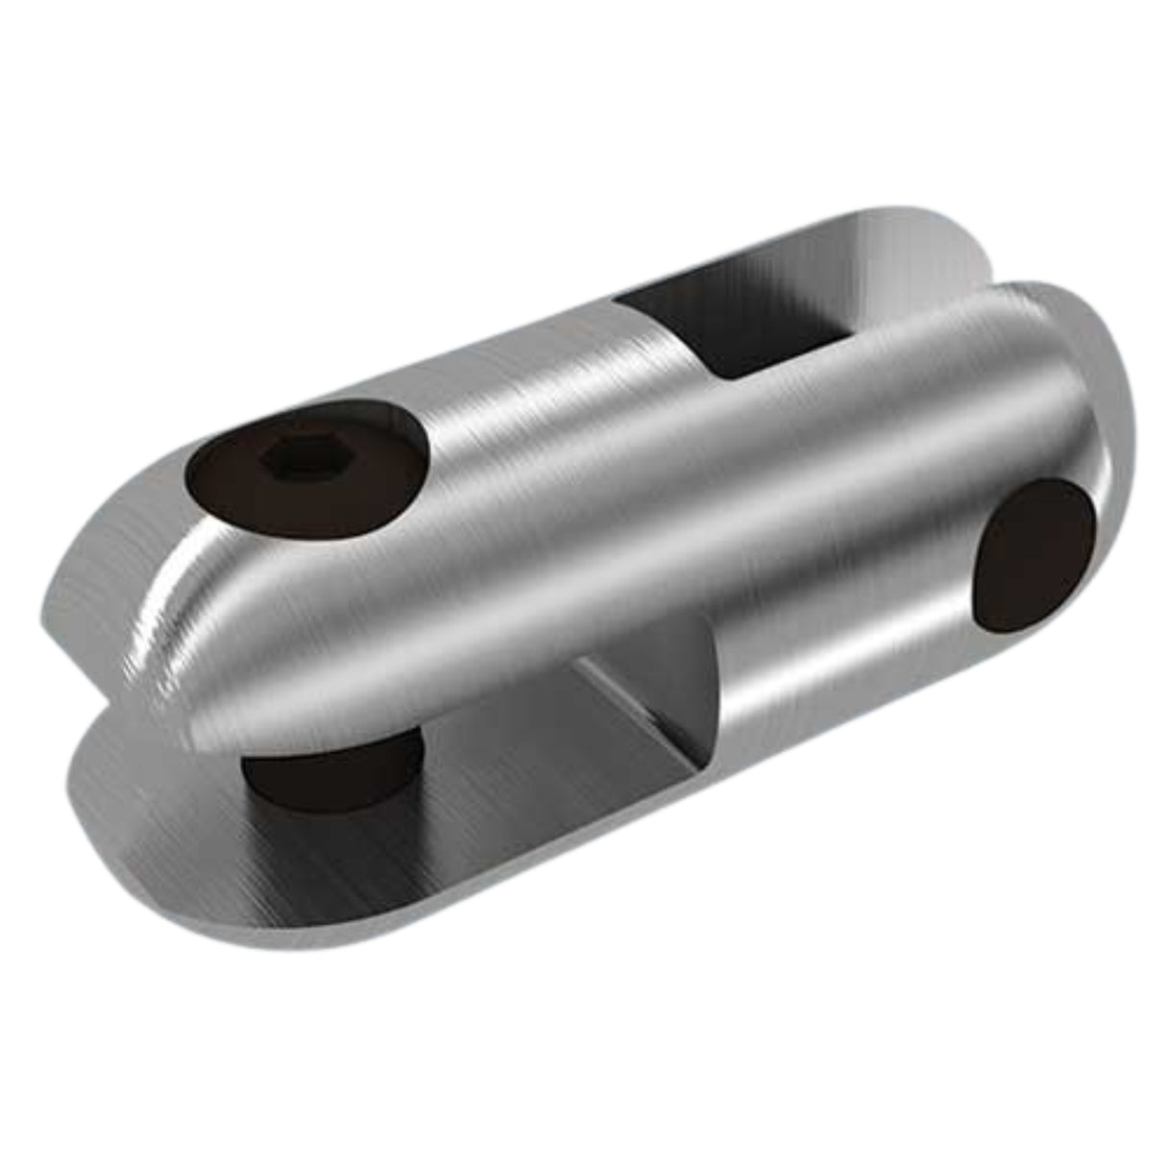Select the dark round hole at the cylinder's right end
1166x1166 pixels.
(1033, 556)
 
